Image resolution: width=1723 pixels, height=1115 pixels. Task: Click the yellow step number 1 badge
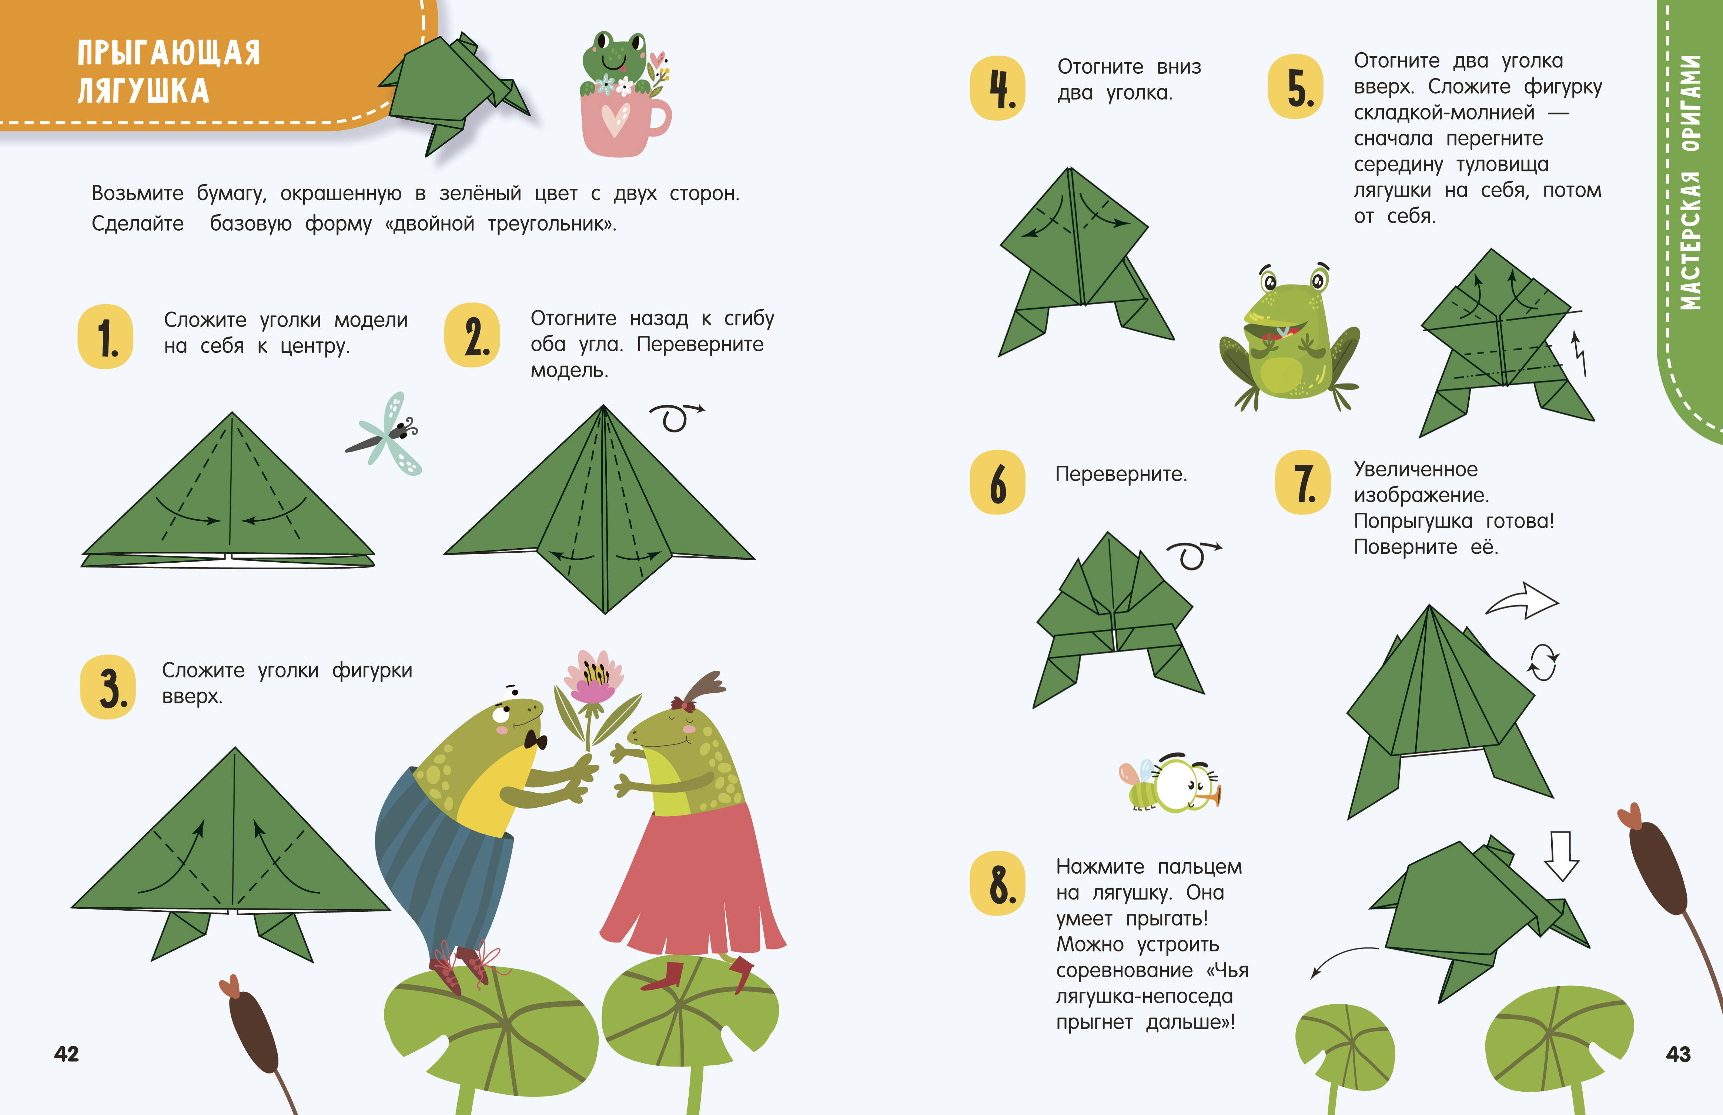[105, 336]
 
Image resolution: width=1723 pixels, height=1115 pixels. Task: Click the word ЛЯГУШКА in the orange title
[143, 91]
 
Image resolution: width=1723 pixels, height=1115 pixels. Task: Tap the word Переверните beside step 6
[1121, 474]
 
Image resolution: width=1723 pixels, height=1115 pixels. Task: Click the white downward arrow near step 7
[1562, 856]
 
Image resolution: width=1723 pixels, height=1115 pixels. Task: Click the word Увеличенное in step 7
[1415, 469]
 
